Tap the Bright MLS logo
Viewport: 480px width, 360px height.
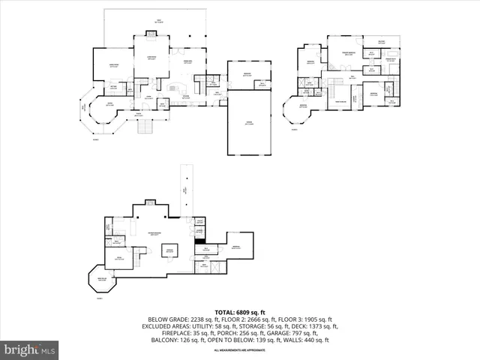(x=29, y=349)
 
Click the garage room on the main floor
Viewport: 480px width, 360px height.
(x=250, y=124)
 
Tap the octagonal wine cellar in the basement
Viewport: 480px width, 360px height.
(x=102, y=280)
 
